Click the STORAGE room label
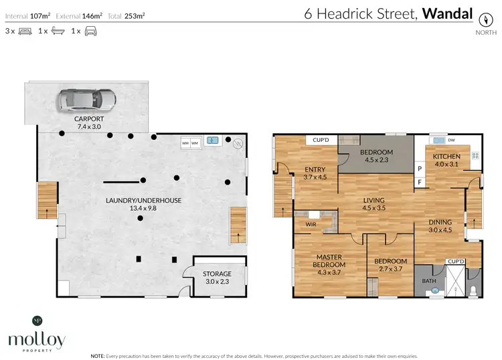[x=218, y=274]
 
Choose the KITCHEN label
[x=447, y=157]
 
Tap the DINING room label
[x=440, y=222]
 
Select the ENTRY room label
[x=315, y=169]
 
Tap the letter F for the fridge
[x=420, y=181]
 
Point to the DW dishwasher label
[x=451, y=140]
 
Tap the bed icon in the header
[x=25, y=31]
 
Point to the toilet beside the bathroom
[x=474, y=290]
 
